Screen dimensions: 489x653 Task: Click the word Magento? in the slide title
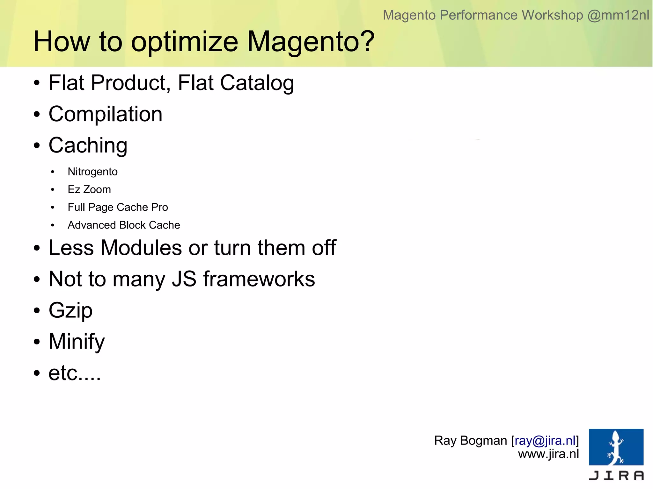[311, 41]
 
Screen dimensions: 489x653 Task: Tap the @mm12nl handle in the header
[618, 15]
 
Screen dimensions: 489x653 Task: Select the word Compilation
[105, 114]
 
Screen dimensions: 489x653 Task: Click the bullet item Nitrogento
[92, 172]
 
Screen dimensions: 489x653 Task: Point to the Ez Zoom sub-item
[89, 189]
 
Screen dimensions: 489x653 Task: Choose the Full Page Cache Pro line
[118, 207]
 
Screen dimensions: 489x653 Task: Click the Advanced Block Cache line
[124, 225]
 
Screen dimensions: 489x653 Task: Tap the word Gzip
[70, 310]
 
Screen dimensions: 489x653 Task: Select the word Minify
[77, 341]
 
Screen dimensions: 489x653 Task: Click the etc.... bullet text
[75, 373]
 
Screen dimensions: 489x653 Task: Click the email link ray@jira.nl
[545, 441]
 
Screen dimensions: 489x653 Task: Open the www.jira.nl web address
[548, 454]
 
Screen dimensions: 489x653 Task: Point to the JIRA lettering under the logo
[616, 476]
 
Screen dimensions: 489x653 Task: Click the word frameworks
[259, 279]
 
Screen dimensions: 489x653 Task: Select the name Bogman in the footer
[483, 441]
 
